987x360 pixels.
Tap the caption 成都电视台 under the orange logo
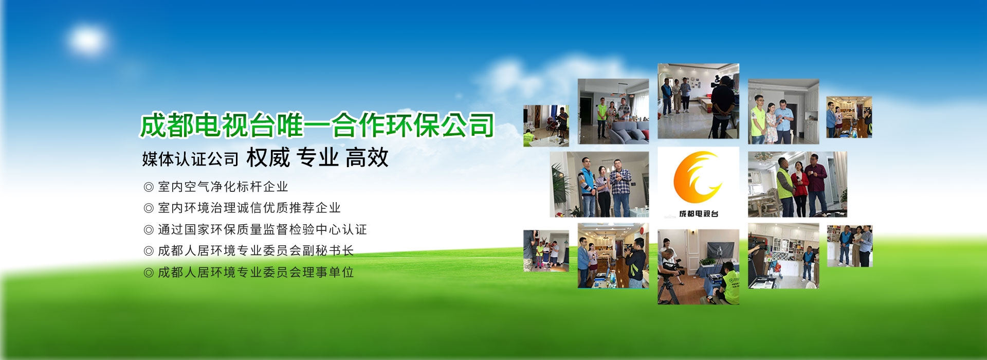point(699,213)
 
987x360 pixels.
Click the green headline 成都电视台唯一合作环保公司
point(317,125)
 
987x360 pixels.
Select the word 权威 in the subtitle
point(268,158)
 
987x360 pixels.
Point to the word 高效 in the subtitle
point(367,158)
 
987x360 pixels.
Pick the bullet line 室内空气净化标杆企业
point(223,187)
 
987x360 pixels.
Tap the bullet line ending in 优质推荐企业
point(249,208)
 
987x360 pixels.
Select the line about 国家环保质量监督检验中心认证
point(262,229)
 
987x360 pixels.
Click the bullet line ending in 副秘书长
point(255,250)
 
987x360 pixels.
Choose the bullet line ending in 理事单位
point(255,272)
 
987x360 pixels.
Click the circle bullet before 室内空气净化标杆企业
point(149,187)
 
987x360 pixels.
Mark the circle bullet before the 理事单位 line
point(149,273)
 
